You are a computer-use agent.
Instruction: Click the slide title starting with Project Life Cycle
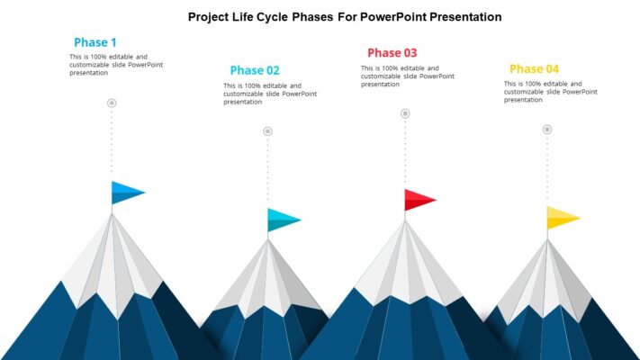[345, 17]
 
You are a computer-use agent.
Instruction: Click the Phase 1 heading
[95, 42]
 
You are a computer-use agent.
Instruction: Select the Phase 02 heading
[255, 70]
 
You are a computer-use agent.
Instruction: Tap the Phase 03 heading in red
[392, 52]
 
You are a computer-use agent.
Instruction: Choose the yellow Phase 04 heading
[534, 68]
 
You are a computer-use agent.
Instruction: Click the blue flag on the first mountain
[126, 192]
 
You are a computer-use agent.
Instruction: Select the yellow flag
[561, 217]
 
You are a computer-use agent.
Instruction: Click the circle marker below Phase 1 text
[112, 103]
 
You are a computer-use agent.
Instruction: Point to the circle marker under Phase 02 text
[267, 131]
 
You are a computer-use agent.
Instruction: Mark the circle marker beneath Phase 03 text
[405, 113]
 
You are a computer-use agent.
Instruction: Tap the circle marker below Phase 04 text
[546, 130]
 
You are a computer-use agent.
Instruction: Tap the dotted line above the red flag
[405, 153]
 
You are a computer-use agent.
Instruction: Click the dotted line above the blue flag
[112, 144]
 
